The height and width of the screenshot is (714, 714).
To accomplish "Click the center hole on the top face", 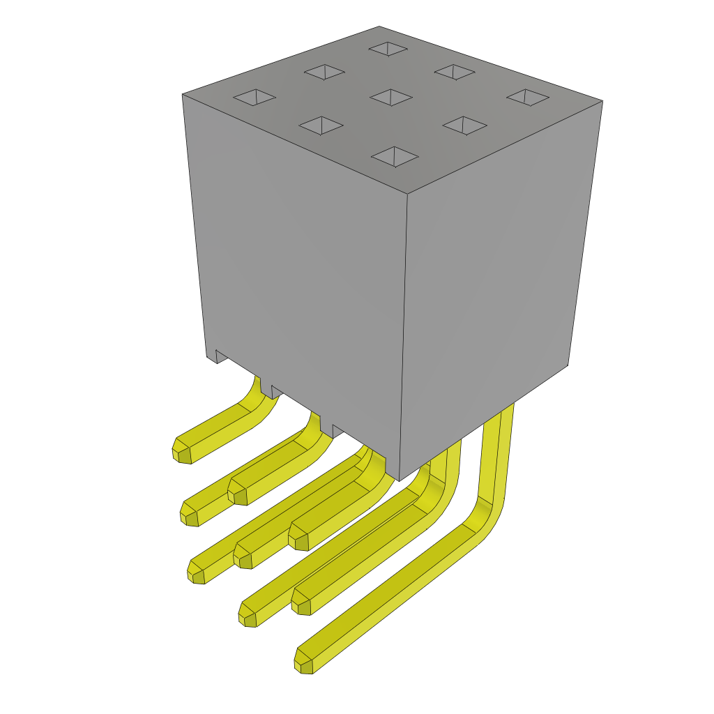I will click(x=391, y=97).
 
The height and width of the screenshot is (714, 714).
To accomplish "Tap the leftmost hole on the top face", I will click(x=255, y=97).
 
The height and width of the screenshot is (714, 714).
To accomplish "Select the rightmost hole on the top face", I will click(x=528, y=97).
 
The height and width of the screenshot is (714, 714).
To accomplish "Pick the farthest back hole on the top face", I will click(x=388, y=49).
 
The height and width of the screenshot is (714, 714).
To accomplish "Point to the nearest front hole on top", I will click(x=395, y=157).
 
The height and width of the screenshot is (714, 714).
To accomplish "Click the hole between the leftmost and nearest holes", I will click(x=321, y=126).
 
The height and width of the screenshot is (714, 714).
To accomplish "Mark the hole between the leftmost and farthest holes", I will click(x=324, y=72).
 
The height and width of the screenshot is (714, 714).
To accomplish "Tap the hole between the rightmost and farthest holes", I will click(x=455, y=72).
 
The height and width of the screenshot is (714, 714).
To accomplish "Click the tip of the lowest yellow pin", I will click(x=303, y=662).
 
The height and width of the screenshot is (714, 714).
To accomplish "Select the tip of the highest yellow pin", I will click(x=181, y=451).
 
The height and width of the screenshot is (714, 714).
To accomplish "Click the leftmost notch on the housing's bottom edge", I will click(x=221, y=357).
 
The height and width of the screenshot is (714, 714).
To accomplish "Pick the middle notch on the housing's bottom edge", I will click(x=277, y=391).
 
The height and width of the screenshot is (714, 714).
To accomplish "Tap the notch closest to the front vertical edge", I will click(x=337, y=430).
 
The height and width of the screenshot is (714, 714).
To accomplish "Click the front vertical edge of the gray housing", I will click(x=404, y=335).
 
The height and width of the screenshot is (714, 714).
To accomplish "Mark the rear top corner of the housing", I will click(x=379, y=27).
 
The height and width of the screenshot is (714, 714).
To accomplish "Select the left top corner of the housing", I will click(x=183, y=95).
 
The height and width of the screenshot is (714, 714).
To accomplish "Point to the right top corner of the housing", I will click(x=602, y=101).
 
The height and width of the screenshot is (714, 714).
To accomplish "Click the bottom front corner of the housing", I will click(x=399, y=480).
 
